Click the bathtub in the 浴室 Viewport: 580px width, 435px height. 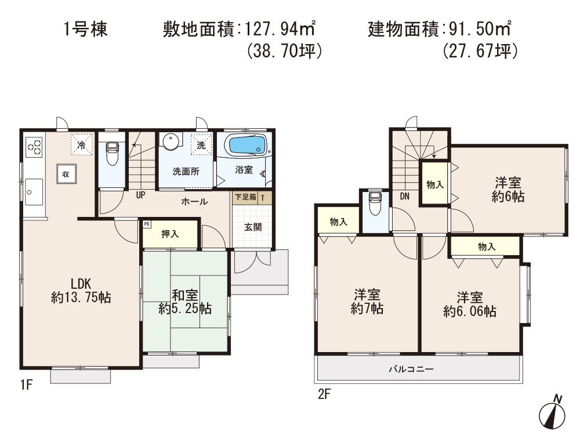pos(244,144)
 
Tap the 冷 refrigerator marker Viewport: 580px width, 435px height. pos(82,145)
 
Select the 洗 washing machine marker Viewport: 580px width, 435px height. pos(201,145)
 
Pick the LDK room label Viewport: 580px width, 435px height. pos(81,291)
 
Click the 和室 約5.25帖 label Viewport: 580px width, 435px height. pos(185,301)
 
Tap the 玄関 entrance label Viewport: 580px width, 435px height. pos(252,227)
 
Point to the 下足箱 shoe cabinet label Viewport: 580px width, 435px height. pos(245,197)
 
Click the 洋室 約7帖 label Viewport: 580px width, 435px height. pos(367,302)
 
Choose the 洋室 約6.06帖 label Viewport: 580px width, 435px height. pos(469,304)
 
